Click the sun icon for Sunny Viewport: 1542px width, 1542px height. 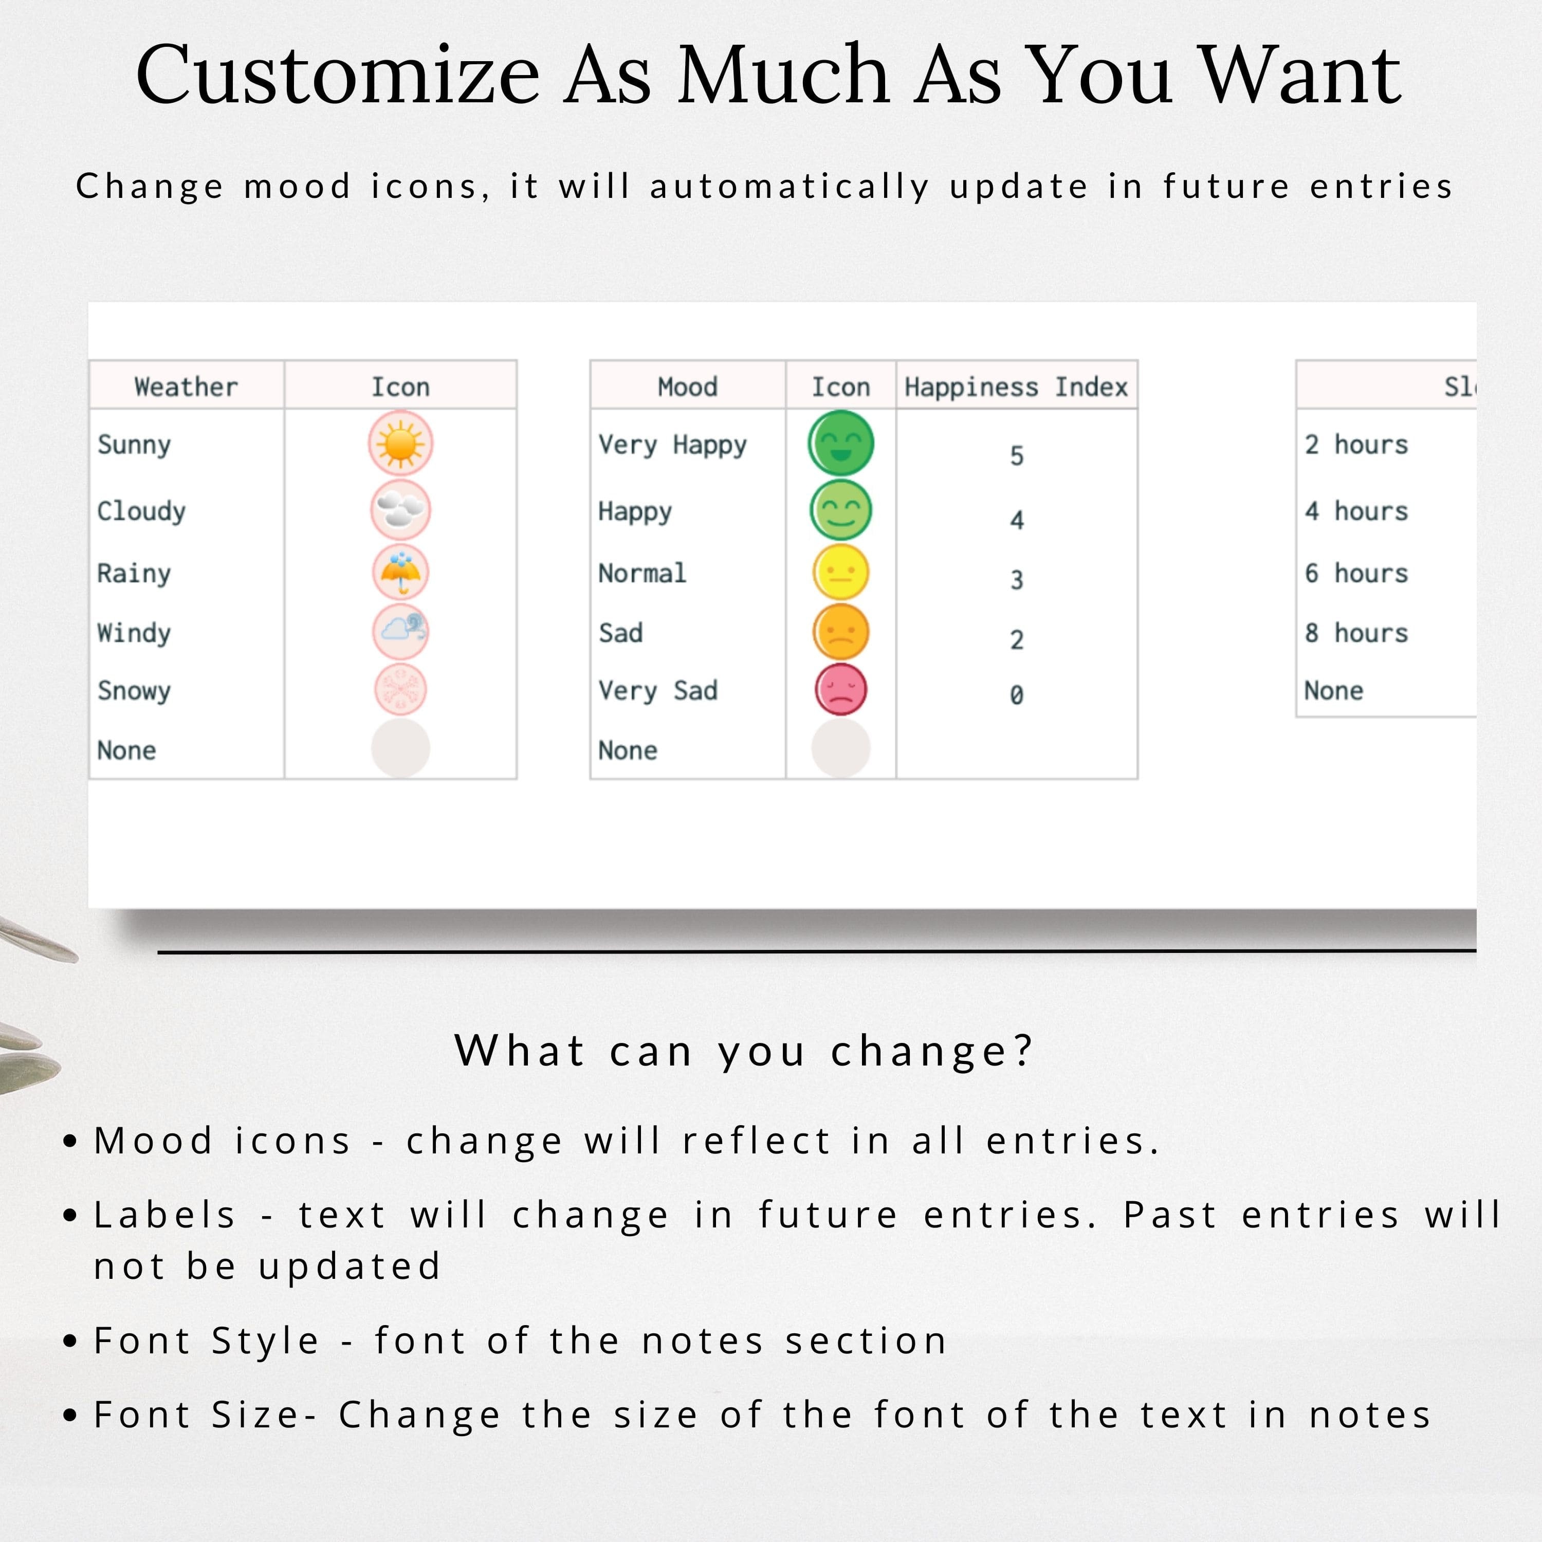pos(401,444)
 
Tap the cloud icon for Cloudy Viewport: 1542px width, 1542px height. pos(401,509)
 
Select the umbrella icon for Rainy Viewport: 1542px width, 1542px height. pos(401,572)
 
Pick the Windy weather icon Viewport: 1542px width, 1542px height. pos(401,632)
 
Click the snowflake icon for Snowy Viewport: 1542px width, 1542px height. pos(401,690)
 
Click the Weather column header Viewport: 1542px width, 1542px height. pos(186,387)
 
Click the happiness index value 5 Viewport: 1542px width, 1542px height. pos(1016,456)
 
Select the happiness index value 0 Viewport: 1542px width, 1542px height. pos(1016,695)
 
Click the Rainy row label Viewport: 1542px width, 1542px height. pos(134,574)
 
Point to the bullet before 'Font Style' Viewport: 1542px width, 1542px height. pos(70,1341)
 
